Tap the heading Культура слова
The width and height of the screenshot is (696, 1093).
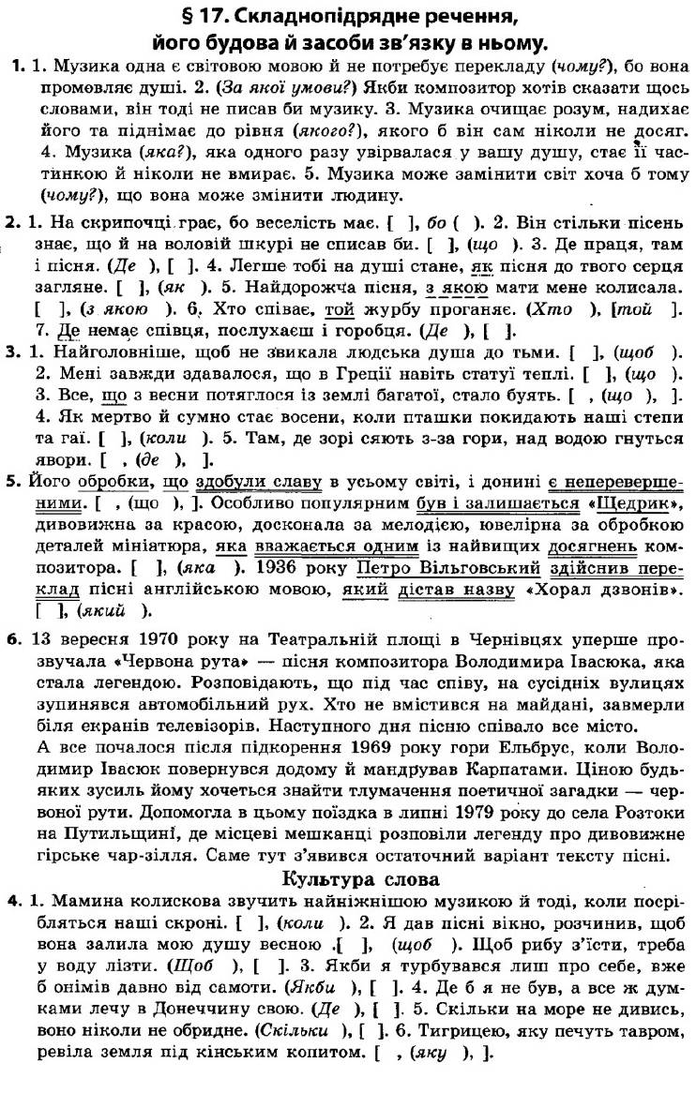point(348,879)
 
